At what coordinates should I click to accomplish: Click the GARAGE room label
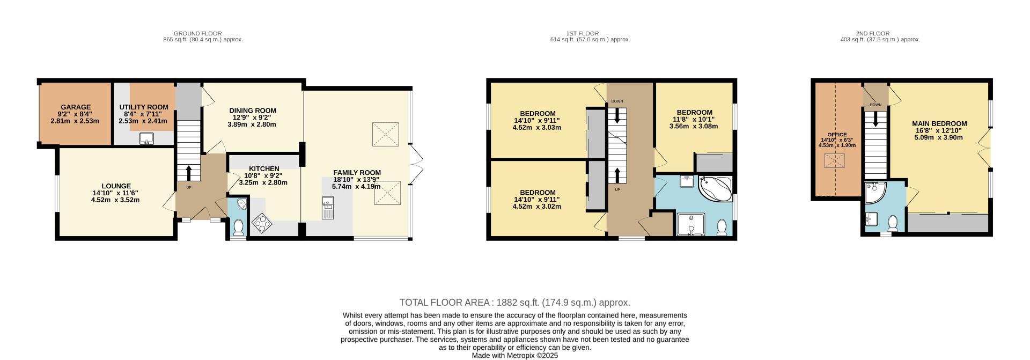(76, 107)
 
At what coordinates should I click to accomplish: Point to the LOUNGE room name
(116, 186)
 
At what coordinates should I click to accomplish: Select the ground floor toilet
(238, 228)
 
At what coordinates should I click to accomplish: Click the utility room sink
(146, 139)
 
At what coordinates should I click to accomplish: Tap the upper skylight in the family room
(386, 133)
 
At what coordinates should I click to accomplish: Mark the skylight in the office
(835, 160)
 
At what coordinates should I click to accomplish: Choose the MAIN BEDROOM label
(939, 123)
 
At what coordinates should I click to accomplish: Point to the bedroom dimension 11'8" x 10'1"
(694, 119)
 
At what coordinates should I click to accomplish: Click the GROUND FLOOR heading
(197, 33)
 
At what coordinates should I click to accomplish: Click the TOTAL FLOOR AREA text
(514, 303)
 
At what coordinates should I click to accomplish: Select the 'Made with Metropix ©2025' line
(514, 355)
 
